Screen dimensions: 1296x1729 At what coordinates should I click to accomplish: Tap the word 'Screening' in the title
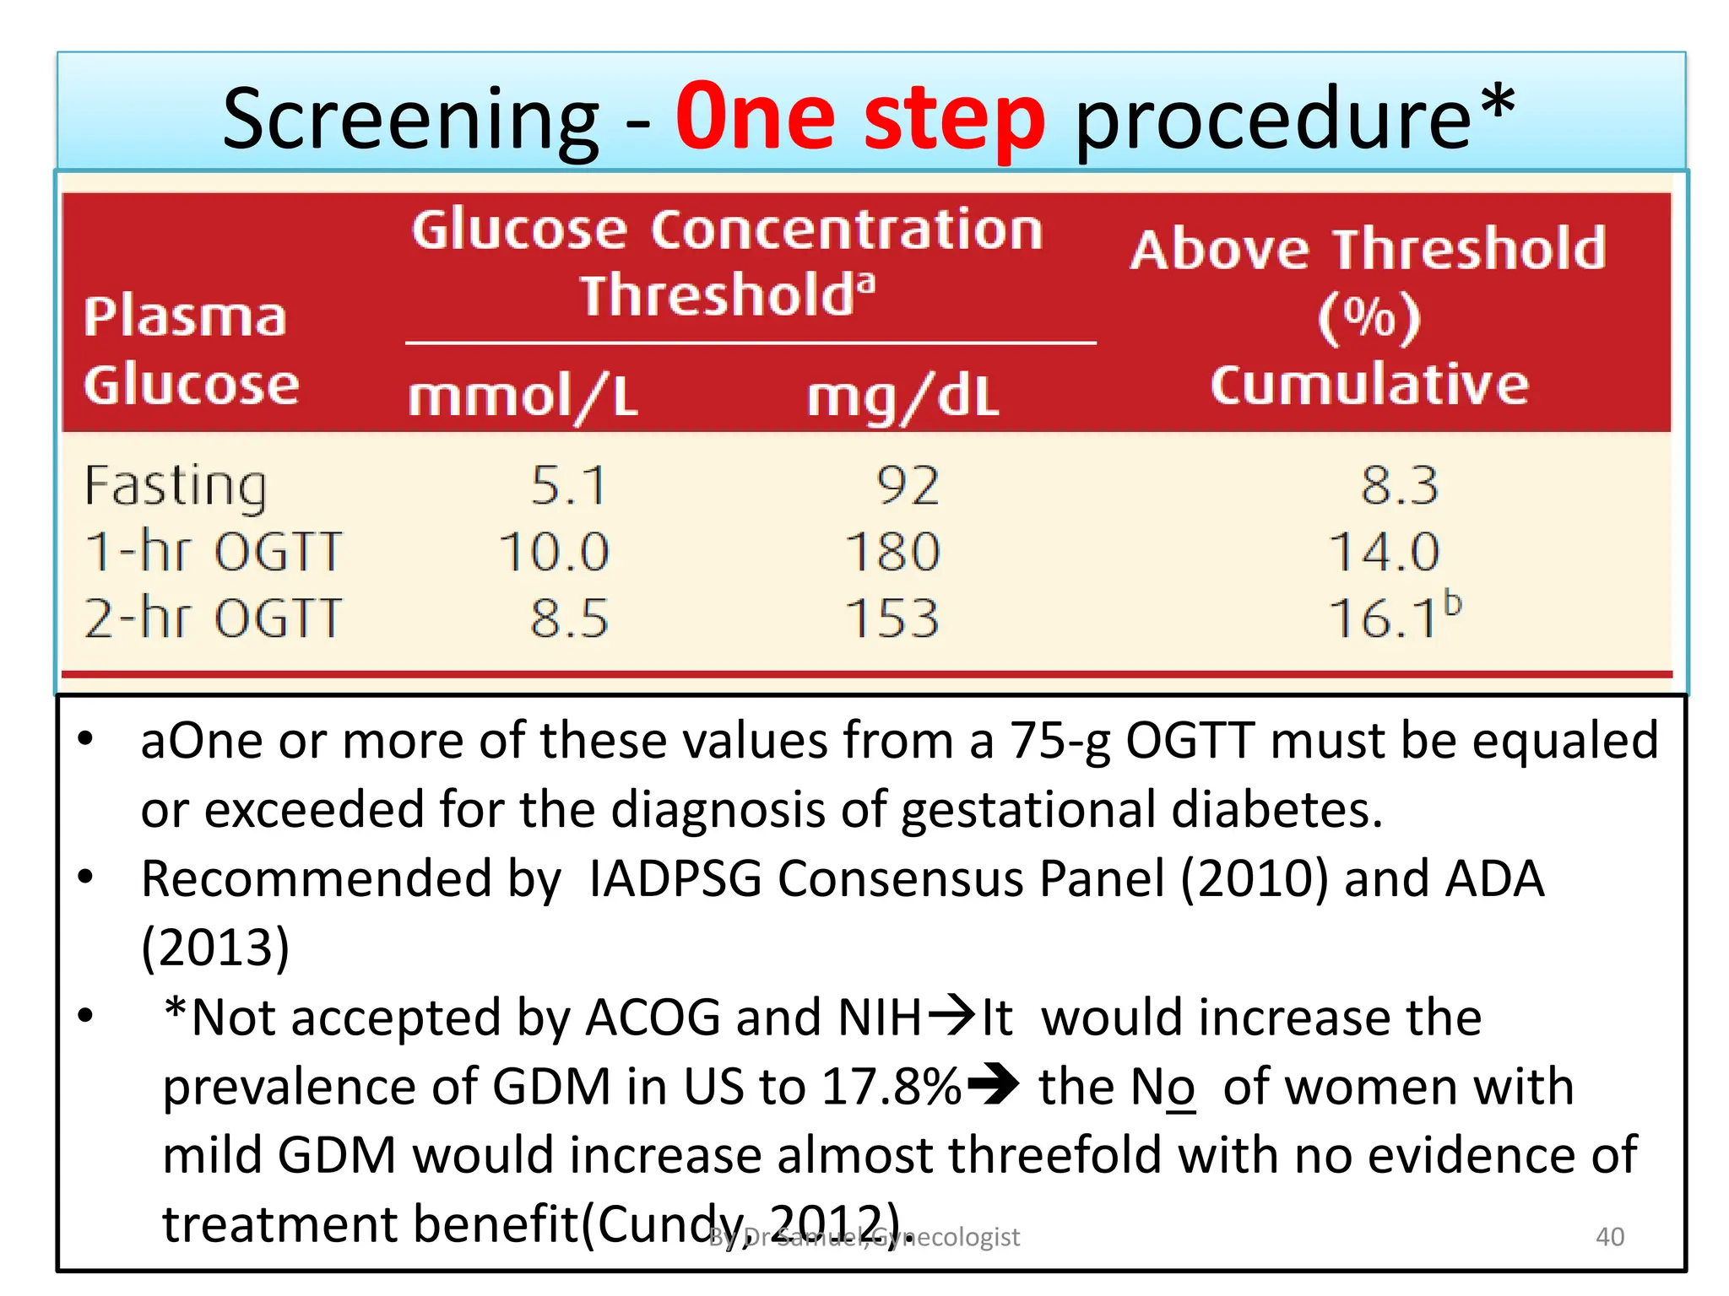410,120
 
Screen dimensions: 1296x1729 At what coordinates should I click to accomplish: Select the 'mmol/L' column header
523,397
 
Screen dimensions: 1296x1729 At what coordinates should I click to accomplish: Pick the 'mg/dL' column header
902,397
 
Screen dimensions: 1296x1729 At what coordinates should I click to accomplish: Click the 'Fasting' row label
176,486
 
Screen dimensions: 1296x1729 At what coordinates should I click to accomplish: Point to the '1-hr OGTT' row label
214,552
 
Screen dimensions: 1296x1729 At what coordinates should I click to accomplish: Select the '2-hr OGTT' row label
214,618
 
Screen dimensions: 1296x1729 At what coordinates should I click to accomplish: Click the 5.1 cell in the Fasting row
568,486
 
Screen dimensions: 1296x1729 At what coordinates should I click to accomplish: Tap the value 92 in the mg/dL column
908,486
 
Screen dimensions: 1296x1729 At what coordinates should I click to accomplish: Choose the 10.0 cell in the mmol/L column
554,552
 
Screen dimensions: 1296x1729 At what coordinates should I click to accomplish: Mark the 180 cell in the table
893,552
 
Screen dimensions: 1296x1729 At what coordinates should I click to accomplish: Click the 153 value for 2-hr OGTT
893,618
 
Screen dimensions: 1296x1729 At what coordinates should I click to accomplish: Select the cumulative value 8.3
1399,486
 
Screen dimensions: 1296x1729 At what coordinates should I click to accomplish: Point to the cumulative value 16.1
1385,618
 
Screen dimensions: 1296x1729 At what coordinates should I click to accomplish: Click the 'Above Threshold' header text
1368,250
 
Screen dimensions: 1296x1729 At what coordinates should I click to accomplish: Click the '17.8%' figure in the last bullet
892,1087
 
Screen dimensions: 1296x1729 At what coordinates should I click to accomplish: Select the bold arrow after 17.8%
993,1085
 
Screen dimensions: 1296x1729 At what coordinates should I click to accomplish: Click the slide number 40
1610,1236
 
